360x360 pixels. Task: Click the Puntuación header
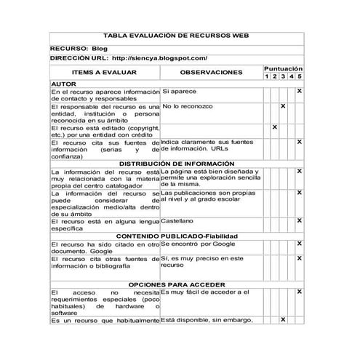coord(283,68)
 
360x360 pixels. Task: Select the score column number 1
coord(266,76)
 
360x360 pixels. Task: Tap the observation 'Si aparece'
coord(179,92)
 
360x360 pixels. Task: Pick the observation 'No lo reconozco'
coord(188,106)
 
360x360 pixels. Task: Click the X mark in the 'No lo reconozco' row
coord(283,107)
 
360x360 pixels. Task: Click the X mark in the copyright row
coord(275,127)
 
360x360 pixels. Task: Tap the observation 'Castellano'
coord(177,220)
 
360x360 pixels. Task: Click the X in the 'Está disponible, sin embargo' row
coord(283,320)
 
